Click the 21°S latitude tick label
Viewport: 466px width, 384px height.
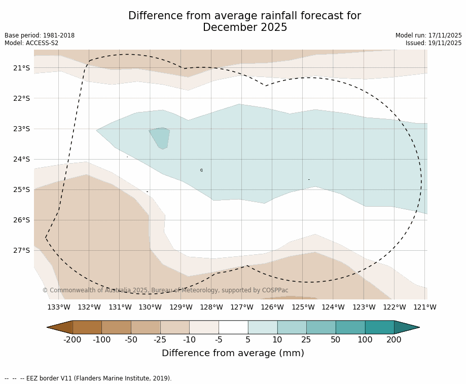[x=21, y=68]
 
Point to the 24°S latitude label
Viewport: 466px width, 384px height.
[x=21, y=159]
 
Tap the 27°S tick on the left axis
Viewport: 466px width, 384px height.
[x=21, y=250]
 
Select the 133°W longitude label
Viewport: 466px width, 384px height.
[x=59, y=307]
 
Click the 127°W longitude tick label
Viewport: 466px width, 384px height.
[x=242, y=307]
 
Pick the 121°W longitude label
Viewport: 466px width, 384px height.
[x=425, y=307]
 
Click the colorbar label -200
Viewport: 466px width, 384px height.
[x=72, y=340]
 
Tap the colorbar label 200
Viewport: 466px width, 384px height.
[x=394, y=340]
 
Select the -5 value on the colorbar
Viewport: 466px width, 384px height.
[x=219, y=340]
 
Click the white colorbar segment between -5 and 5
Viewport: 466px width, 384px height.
[x=233, y=327]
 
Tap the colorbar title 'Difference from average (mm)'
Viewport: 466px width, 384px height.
[x=233, y=353]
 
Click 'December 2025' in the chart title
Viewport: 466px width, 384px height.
[x=245, y=28]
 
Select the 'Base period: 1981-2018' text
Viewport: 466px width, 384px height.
[x=40, y=35]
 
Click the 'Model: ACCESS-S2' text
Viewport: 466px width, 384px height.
[x=31, y=43]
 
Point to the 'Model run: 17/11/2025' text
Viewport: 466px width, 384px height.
[x=428, y=35]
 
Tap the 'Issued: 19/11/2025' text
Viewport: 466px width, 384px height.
[x=434, y=43]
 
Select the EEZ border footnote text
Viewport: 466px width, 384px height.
[x=88, y=378]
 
